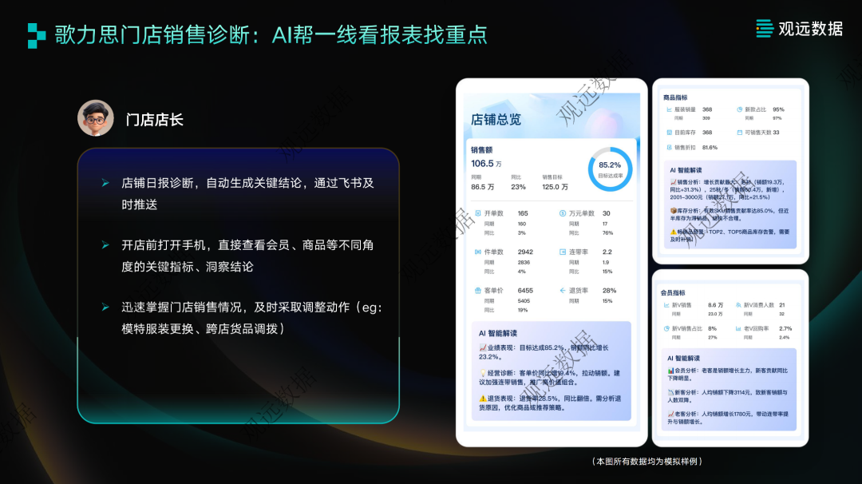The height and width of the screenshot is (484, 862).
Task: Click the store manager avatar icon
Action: coord(96,118)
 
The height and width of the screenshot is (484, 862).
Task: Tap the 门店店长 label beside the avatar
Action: coord(154,120)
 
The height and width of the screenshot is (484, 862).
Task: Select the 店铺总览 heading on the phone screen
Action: coord(496,120)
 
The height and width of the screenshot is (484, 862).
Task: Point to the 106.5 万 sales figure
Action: coord(486,164)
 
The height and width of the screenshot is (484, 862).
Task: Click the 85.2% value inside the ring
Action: coord(609,165)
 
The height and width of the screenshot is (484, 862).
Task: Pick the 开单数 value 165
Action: coord(523,213)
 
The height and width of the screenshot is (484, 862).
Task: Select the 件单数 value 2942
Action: coord(525,252)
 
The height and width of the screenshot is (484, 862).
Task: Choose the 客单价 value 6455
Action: coord(525,291)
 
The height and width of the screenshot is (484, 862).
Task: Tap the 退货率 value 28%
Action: coord(609,291)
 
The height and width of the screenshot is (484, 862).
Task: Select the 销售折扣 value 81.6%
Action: coord(710,148)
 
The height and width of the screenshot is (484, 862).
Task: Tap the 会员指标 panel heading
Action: coord(673,293)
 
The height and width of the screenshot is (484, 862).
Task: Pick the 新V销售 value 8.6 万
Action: coord(715,305)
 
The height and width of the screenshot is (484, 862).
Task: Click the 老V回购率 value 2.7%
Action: coord(785,328)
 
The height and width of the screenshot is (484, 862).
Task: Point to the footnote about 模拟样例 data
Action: coord(647,462)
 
